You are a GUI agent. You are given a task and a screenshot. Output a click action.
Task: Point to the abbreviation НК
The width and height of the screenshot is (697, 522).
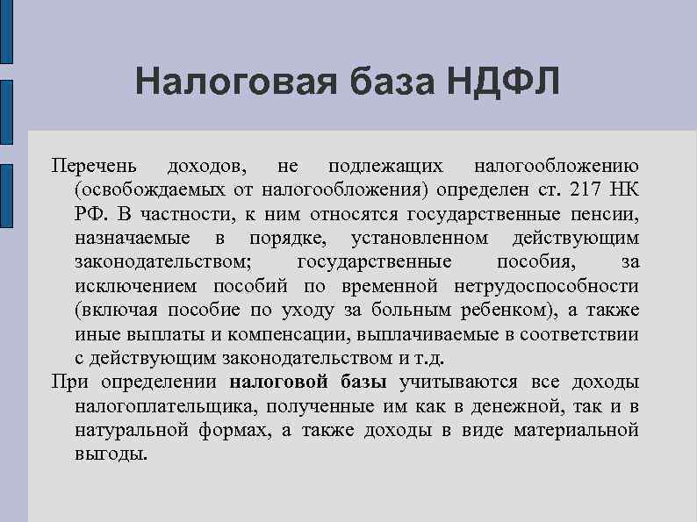(x=625, y=189)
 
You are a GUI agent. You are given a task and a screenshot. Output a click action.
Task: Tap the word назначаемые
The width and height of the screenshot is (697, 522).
(x=133, y=238)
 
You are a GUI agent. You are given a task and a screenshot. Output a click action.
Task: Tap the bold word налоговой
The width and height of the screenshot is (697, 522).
(x=279, y=382)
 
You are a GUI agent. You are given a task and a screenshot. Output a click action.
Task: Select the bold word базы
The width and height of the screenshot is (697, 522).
(x=362, y=382)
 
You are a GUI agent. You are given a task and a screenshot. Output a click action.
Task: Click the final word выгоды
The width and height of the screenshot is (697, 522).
(x=111, y=454)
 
